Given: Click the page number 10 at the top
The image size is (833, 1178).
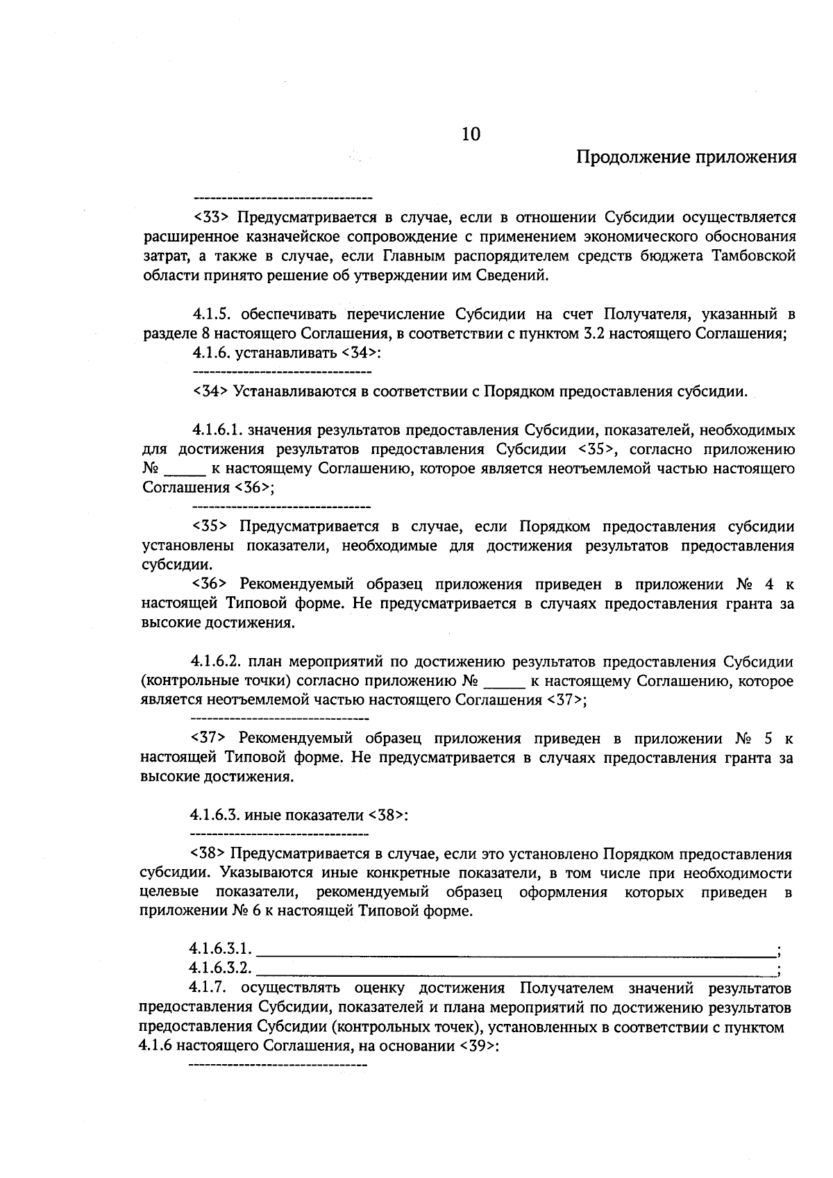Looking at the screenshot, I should click(471, 134).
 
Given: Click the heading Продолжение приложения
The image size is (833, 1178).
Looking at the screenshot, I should click(686, 157).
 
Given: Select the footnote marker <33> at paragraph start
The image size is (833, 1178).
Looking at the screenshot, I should click(212, 217).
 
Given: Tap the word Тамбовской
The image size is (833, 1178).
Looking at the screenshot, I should click(753, 256).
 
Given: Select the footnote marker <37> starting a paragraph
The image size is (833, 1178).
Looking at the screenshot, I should click(209, 738).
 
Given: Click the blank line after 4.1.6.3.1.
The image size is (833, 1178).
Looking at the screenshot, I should click(517, 948).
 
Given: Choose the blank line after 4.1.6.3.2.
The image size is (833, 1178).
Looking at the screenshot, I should click(517, 968).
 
